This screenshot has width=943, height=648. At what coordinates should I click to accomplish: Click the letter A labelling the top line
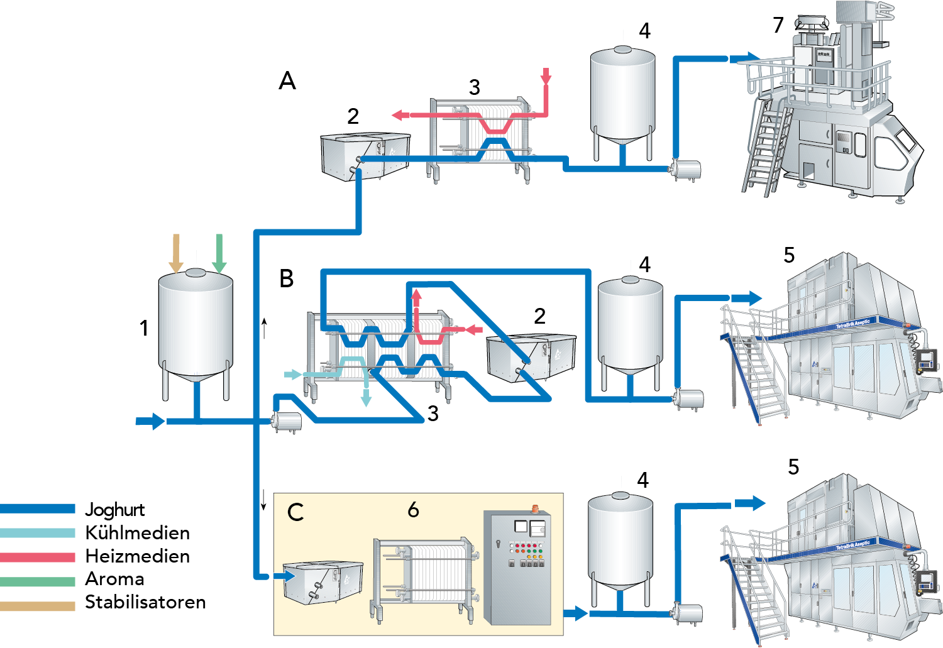click(287, 81)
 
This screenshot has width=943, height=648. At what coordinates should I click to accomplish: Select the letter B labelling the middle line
click(287, 278)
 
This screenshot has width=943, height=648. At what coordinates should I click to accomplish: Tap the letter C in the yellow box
click(295, 512)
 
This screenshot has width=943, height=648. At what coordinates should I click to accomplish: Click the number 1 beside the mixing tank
click(144, 328)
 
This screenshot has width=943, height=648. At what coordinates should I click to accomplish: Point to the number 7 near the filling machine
click(778, 25)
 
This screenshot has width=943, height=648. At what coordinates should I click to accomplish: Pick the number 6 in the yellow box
click(413, 509)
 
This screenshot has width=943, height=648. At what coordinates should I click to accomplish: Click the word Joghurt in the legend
click(115, 510)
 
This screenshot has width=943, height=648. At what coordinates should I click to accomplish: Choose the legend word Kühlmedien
click(137, 533)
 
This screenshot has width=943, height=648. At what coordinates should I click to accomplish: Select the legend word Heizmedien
click(137, 556)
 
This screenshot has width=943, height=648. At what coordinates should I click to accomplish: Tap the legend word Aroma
click(115, 579)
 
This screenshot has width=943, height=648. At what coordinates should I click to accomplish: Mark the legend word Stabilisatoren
click(145, 602)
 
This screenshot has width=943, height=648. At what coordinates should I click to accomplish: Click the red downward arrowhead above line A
click(546, 79)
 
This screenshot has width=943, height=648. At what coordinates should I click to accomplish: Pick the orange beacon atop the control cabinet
click(536, 507)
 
